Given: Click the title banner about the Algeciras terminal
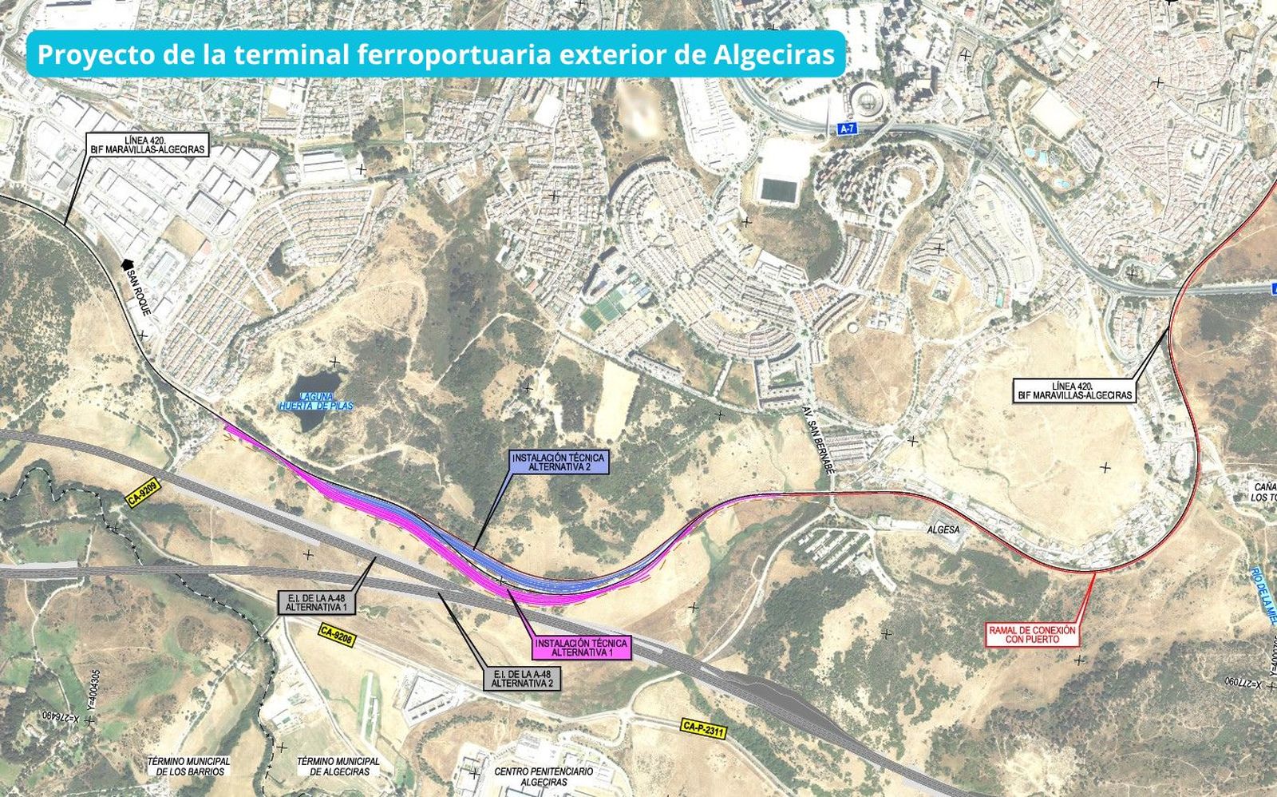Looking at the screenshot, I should (436, 54).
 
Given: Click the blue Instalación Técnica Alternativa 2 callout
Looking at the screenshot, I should (559, 462).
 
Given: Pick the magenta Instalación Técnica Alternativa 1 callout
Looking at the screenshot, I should (582, 647).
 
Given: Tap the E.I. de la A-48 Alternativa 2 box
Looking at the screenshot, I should (522, 679).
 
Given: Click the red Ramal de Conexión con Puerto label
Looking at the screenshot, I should (1032, 635).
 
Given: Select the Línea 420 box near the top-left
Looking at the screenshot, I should (147, 145).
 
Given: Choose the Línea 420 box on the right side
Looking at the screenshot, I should (1074, 391).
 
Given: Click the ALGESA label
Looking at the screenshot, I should (943, 529).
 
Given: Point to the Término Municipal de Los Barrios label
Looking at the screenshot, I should (189, 767).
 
